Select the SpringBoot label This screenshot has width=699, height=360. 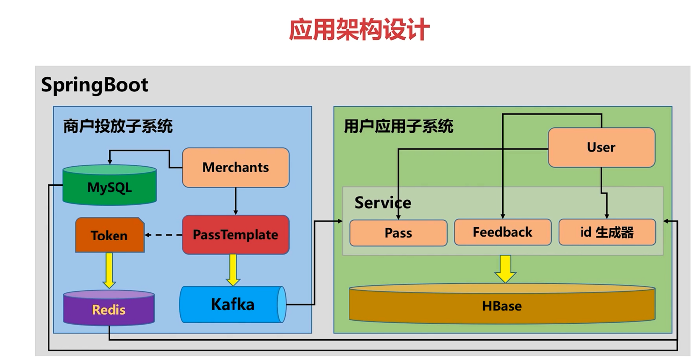(95, 85)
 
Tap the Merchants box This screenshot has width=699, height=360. (235, 167)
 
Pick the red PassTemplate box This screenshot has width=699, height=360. (235, 235)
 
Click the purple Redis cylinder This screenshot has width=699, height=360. (109, 309)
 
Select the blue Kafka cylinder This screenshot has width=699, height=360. (233, 304)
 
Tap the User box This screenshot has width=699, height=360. (601, 147)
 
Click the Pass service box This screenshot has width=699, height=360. (398, 233)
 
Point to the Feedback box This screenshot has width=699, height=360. (502, 232)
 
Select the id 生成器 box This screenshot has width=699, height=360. (606, 232)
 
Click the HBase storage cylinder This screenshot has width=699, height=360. (502, 305)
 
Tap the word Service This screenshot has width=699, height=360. (383, 203)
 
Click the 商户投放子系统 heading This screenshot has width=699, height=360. (117, 126)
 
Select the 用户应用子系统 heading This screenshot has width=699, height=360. (398, 126)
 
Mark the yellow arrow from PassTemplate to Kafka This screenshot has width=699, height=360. (233, 270)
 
